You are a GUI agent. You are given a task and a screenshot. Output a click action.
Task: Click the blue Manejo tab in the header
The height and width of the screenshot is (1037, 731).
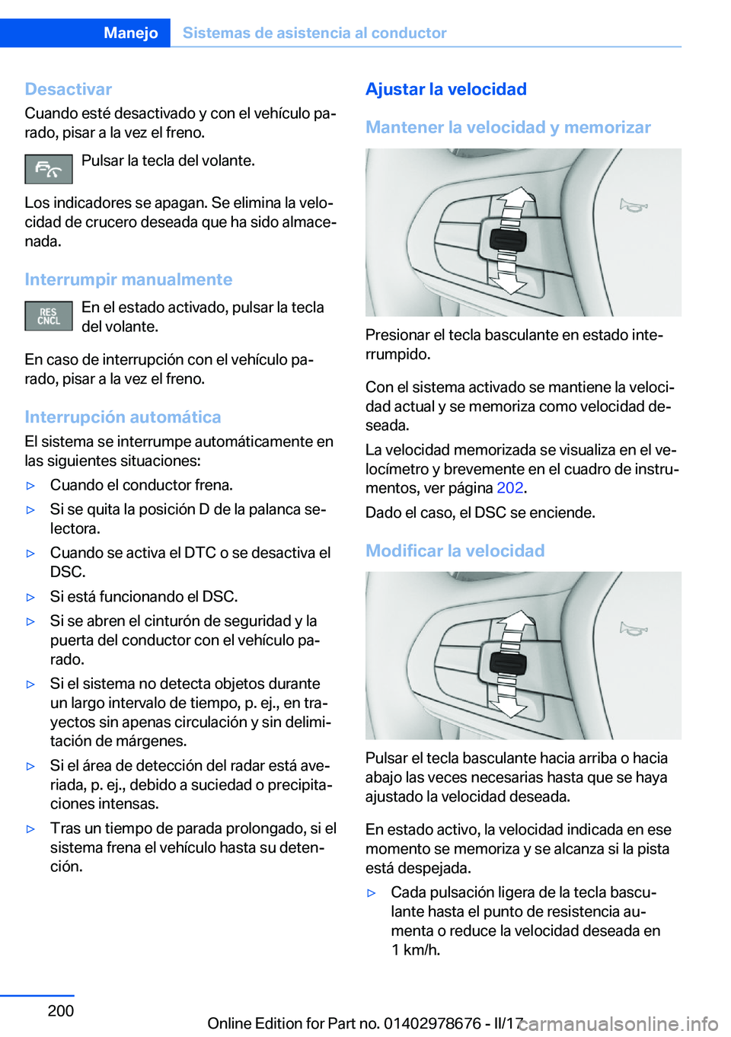pos(130,33)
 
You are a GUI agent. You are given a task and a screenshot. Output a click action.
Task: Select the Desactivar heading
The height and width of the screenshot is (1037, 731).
pos(69,89)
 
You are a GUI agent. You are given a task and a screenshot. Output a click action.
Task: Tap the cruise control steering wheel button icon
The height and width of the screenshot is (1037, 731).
pos(49,169)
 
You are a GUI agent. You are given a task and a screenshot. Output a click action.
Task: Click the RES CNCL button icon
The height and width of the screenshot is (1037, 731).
pos(49,316)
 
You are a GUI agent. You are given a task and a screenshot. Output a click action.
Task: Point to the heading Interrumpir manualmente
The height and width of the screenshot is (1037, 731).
pos(128,279)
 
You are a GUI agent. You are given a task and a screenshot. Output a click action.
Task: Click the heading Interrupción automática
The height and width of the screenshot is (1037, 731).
pos(123,417)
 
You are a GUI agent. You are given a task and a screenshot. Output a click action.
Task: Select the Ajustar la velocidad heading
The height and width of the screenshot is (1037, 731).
pos(445,89)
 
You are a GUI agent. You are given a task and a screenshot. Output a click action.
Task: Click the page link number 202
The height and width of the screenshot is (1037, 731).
pos(509,488)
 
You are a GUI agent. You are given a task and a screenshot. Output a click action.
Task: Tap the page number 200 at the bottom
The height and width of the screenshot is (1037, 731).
pos(61,1010)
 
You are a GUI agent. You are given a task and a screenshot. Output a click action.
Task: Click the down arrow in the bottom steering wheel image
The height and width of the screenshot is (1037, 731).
pos(507,705)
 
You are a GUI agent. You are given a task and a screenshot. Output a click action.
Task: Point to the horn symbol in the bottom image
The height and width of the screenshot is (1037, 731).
pos(633,629)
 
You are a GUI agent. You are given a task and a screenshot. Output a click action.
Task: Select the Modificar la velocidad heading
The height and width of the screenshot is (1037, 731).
pos(455,550)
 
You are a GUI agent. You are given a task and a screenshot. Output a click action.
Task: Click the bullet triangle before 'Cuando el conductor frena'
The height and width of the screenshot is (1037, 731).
pos(31,486)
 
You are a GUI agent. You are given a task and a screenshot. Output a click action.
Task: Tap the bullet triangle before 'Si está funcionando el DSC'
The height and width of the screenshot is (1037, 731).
pos(31,598)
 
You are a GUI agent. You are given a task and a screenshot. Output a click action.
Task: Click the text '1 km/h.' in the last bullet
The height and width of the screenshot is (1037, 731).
pos(416,949)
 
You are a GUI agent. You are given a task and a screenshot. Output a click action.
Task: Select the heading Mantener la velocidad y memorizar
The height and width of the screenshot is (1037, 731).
pos(508,127)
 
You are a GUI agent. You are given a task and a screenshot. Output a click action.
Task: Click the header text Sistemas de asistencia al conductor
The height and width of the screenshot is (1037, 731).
pos(314,33)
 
